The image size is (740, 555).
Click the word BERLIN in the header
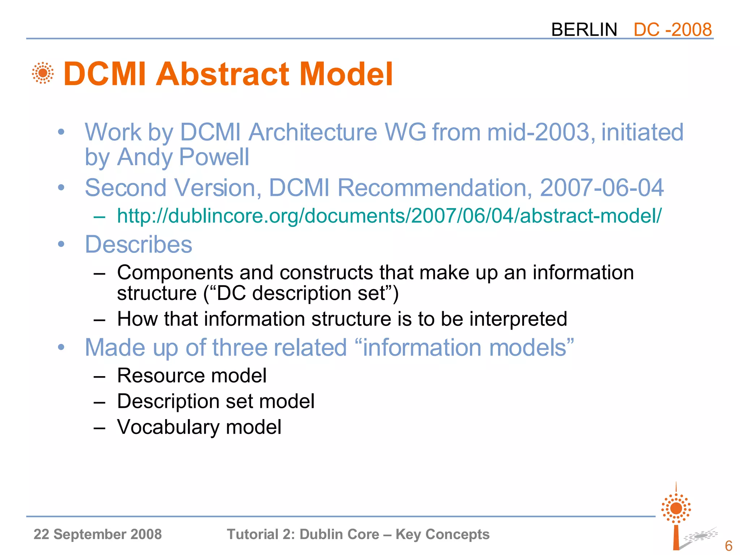[584, 30]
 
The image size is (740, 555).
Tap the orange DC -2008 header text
[672, 30]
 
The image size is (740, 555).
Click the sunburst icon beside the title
[43, 73]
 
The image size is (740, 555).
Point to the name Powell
[214, 157]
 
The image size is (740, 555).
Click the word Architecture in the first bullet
[313, 132]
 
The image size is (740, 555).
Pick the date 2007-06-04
[602, 188]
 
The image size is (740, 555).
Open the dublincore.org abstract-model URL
[389, 216]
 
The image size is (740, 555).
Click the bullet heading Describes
[138, 245]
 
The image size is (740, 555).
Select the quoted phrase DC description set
[301, 293]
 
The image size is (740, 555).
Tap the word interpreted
[518, 319]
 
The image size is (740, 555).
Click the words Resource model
[192, 375]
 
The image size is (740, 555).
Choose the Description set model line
[216, 401]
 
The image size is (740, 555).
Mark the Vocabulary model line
[199, 427]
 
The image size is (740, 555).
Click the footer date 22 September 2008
[98, 534]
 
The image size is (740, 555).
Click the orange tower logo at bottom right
[676, 517]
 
